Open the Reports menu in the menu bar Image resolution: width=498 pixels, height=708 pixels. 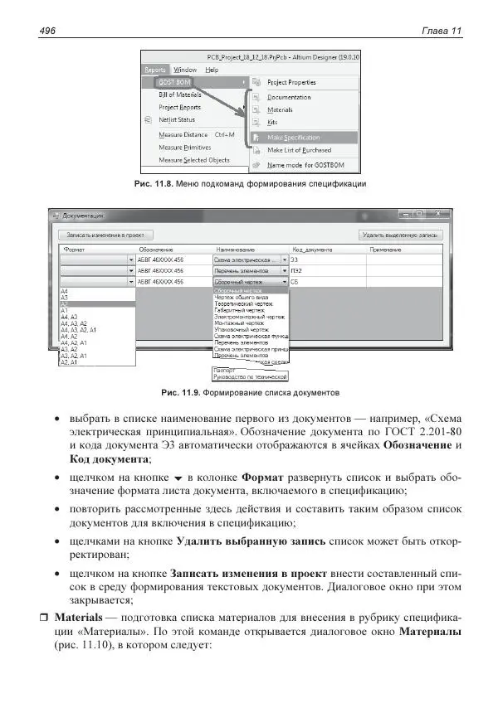[x=154, y=70]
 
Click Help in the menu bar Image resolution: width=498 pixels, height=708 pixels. [x=212, y=70]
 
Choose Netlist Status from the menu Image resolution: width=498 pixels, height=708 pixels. [x=179, y=120]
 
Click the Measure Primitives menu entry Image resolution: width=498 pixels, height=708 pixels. [x=184, y=147]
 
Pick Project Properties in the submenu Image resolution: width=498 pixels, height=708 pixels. [x=291, y=83]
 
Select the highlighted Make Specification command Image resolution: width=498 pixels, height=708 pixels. [x=293, y=138]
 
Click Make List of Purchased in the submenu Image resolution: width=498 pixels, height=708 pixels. [x=299, y=151]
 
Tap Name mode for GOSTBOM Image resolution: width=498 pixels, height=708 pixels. [x=299, y=165]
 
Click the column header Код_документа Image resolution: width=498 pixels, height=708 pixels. [x=312, y=249]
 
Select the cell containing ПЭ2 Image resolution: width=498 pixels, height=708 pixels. [x=296, y=270]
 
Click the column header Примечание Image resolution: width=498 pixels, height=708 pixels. [x=385, y=249]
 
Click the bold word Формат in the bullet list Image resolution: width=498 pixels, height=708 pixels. [x=264, y=479]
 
